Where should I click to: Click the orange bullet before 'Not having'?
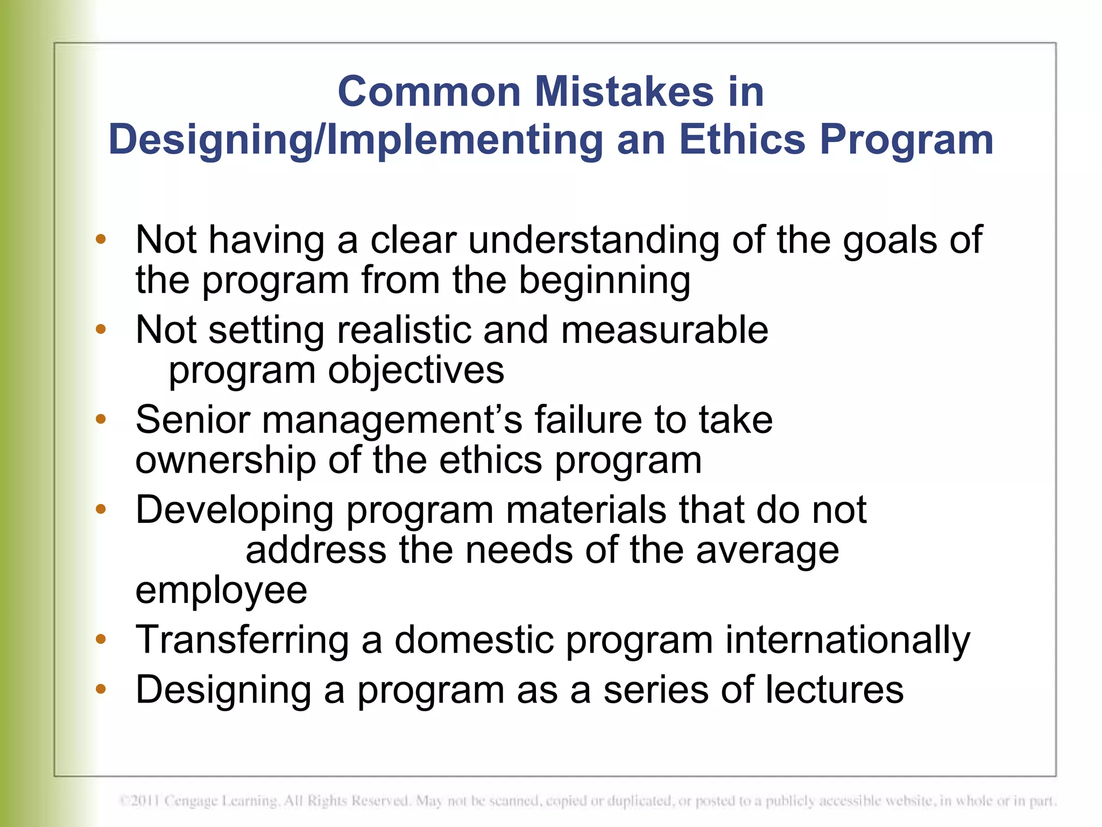tap(101, 239)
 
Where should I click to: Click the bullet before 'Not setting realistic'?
tap(101, 329)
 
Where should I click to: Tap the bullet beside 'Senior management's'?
tap(101, 419)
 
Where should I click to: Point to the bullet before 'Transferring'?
tap(101, 639)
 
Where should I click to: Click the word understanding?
tap(594, 240)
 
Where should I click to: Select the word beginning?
tap(604, 281)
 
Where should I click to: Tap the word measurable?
tap(665, 330)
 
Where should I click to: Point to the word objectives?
tap(416, 371)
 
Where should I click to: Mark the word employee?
tap(221, 591)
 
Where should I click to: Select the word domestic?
tap(474, 640)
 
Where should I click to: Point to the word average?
tap(767, 551)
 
